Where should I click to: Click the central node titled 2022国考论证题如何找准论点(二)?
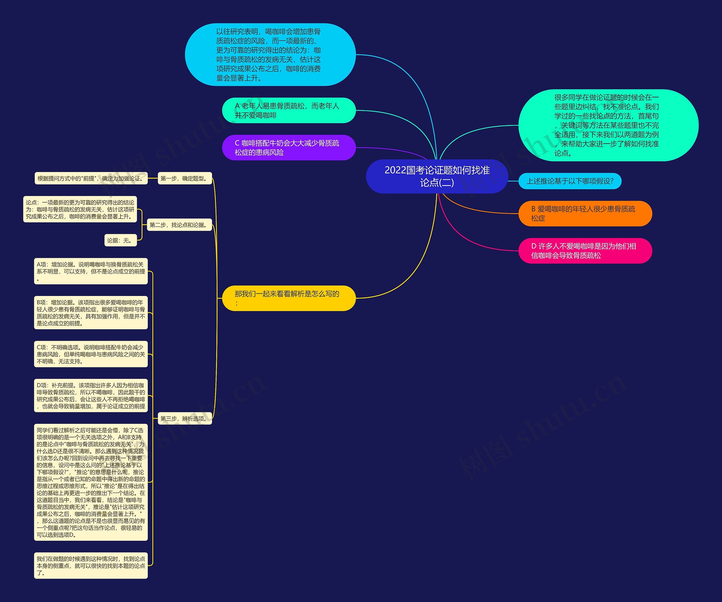(437, 176)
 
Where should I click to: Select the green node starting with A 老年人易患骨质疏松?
(289, 110)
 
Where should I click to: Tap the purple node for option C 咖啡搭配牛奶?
(289, 148)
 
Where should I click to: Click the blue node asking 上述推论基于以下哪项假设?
(570, 181)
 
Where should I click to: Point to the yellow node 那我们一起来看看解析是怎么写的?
(289, 298)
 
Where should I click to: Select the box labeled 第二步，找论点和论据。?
(179, 225)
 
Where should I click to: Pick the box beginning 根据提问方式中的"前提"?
(91, 178)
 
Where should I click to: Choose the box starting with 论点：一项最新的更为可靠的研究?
(80, 209)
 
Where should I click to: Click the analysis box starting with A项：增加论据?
(91, 271)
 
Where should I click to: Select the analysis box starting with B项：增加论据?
(91, 313)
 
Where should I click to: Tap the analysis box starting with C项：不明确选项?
(91, 354)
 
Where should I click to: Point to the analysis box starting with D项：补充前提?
(91, 396)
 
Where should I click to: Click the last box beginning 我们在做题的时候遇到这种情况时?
(91, 566)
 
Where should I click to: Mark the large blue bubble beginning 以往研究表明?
(270, 55)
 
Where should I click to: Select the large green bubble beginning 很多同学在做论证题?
(608, 125)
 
